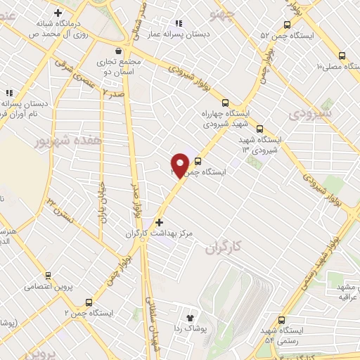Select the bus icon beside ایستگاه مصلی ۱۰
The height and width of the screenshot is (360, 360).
pos(342,56)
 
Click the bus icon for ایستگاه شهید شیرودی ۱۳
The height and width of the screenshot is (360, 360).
pos(260,129)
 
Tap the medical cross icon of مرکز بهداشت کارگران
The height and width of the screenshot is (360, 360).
pos(159,221)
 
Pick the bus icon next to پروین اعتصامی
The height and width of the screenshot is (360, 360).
pos(48,275)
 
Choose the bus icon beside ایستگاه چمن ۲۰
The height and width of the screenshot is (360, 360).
pos(198,160)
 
